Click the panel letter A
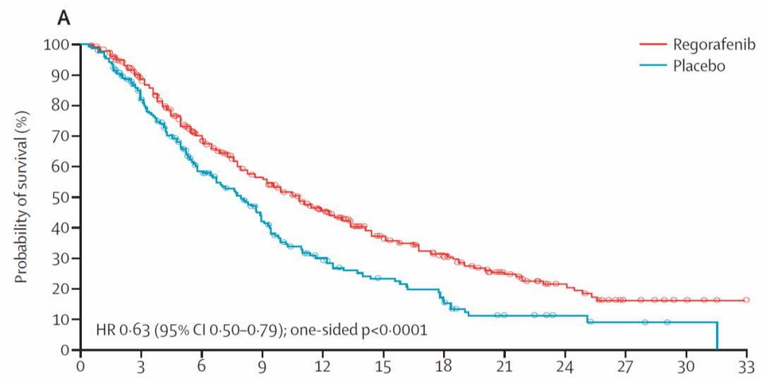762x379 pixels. coord(64,18)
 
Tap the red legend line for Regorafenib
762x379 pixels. coord(653,45)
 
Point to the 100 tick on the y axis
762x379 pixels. coord(59,44)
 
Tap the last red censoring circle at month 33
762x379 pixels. coord(746,300)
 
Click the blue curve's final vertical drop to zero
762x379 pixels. coord(717,336)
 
